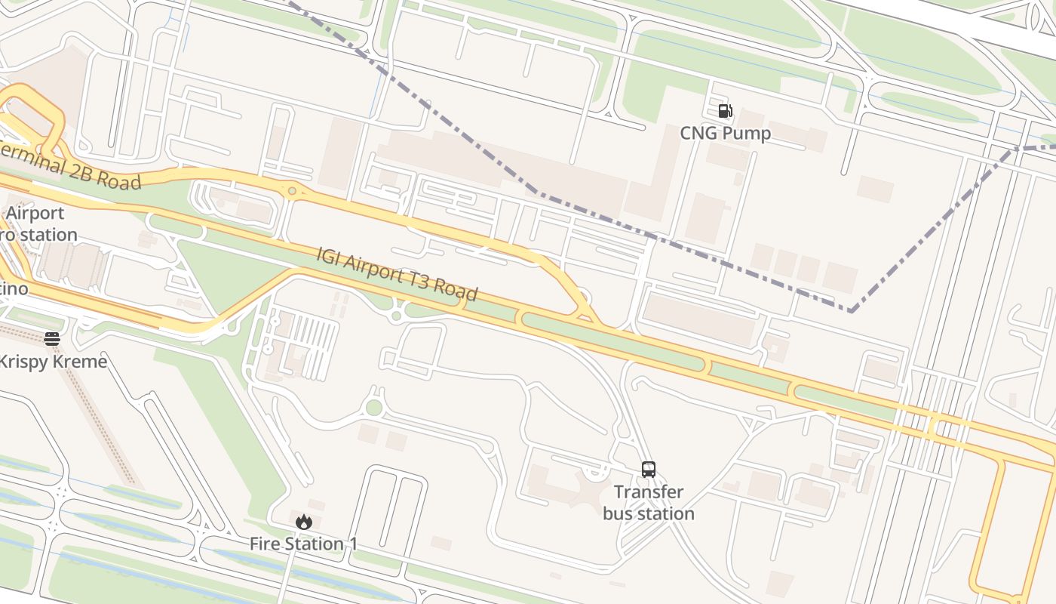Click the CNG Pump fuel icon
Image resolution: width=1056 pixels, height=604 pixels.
pos(725,111)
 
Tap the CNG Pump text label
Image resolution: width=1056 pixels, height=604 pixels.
pos(725,134)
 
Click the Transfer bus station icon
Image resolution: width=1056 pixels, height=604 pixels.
pos(649,470)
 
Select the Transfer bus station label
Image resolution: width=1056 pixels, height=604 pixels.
pos(649,503)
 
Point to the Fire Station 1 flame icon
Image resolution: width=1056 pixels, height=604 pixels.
pos(304,522)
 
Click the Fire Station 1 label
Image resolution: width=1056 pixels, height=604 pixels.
pos(303,544)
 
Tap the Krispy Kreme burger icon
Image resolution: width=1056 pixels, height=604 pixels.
pos(52,339)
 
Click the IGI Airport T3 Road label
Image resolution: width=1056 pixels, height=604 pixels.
pos(397,274)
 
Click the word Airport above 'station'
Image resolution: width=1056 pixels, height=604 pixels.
pos(35,214)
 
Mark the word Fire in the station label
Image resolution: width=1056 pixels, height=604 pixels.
pos(265,544)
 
